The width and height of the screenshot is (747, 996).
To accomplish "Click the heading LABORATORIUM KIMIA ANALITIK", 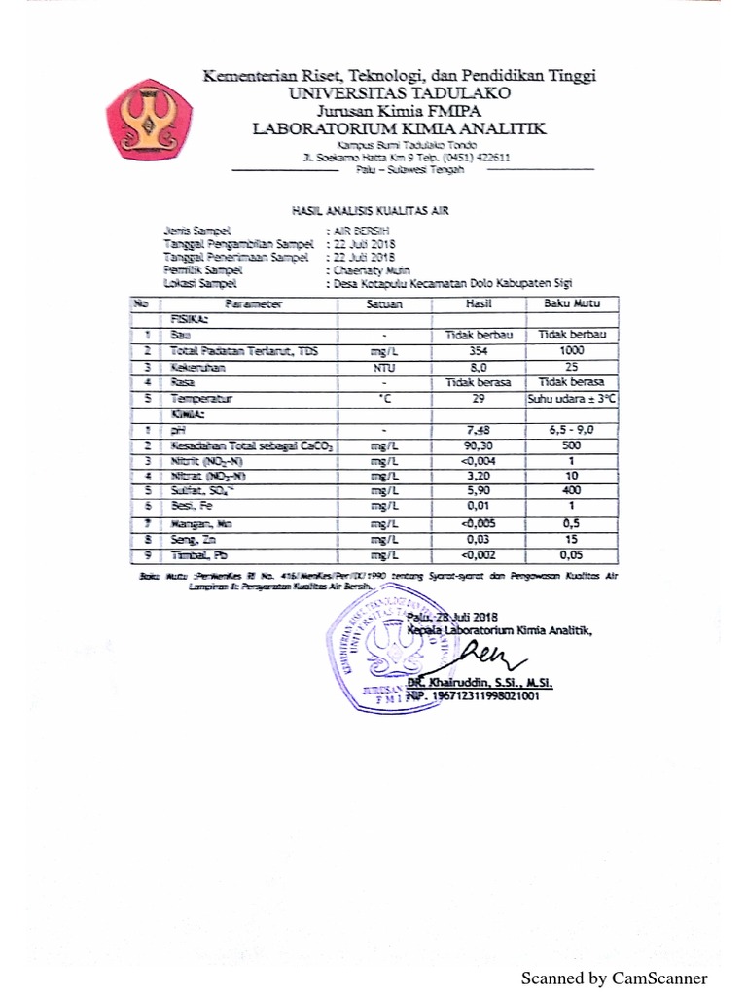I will click(x=399, y=128).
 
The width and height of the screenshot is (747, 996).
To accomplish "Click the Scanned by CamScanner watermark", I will click(x=614, y=978).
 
